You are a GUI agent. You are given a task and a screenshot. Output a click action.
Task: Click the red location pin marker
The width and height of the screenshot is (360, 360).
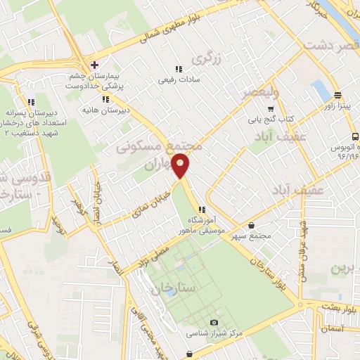tap(181, 165)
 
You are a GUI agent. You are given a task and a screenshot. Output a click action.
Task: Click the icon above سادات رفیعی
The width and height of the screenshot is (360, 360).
tap(179, 69)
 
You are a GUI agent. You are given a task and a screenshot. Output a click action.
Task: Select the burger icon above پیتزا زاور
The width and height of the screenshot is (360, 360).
tap(337, 95)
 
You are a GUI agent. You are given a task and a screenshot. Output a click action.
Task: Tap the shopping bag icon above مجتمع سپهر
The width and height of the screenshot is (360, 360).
tap(252, 226)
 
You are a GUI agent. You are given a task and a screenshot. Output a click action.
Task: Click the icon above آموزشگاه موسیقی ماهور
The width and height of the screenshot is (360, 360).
tap(202, 210)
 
